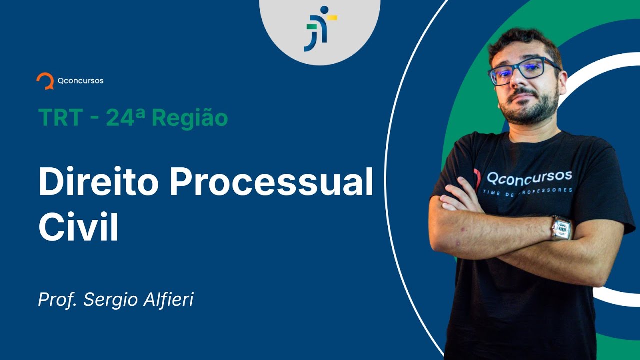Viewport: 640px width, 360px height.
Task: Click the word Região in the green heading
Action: coord(190,118)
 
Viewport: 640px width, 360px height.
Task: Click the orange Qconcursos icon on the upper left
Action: coord(45,81)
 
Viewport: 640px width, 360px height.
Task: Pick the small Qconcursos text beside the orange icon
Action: coord(80,80)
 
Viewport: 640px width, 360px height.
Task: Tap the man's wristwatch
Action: coord(561,228)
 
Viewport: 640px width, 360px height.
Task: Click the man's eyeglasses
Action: coord(522,71)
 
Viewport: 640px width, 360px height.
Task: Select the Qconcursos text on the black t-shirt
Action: coord(529,177)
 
